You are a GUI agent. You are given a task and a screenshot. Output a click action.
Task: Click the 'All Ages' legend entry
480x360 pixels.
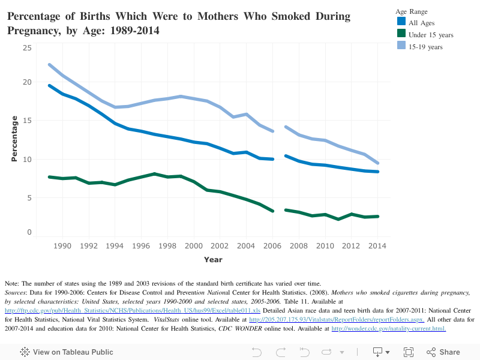422,23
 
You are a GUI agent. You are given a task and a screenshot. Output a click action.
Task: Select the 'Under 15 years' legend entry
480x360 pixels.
431,35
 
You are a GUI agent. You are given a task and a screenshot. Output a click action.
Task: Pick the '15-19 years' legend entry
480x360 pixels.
425,47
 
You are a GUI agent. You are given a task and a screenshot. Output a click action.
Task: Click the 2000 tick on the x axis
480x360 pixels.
194,246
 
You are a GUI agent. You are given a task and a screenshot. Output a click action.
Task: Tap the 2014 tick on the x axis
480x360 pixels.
377,246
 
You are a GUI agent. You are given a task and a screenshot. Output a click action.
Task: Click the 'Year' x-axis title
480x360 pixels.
213,260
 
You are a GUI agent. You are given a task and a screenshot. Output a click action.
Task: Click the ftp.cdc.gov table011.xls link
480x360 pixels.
133,310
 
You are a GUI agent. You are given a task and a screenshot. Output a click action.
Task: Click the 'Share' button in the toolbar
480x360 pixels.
443,352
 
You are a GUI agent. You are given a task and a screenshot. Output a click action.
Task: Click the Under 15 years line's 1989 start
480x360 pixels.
50,177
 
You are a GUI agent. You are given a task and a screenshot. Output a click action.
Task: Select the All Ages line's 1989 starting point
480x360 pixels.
50,86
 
